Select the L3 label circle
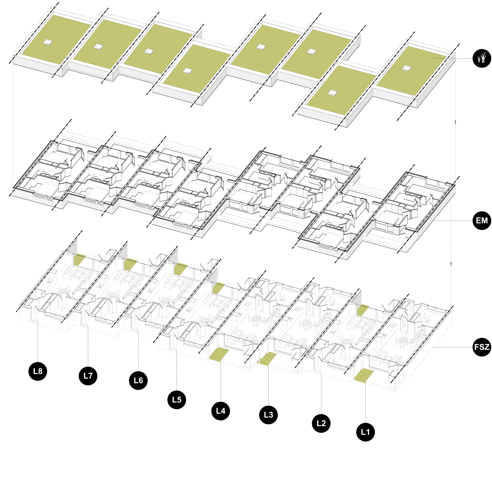[268, 415]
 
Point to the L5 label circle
[177, 399]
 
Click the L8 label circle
[38, 371]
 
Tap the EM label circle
[482, 220]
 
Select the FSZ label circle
[482, 347]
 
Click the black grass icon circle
[482, 58]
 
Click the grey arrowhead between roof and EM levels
[455, 123]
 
